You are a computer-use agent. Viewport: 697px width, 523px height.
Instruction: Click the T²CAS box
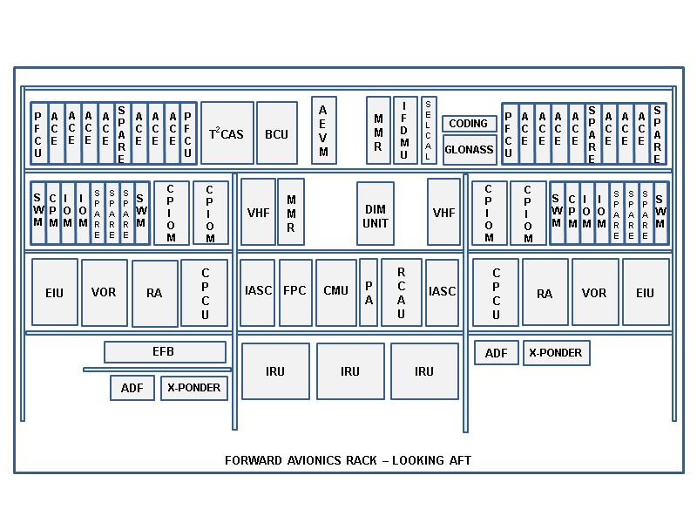point(227,133)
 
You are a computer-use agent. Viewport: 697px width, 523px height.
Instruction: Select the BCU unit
point(276,133)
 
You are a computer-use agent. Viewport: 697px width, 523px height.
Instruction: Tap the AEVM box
point(323,131)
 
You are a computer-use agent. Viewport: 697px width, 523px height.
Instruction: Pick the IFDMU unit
point(404,131)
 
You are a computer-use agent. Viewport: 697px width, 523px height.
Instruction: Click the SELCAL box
point(429,130)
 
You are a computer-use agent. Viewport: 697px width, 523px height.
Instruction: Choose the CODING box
point(469,124)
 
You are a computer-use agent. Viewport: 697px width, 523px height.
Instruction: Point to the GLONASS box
point(469,149)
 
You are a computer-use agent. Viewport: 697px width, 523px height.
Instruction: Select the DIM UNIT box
point(376,215)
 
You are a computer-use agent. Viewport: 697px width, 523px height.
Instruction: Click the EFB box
point(164,351)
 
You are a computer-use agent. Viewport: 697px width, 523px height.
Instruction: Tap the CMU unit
point(335,291)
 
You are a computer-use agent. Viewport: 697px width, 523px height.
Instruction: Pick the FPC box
point(295,291)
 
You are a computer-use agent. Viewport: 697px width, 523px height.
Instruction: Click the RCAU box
point(402,291)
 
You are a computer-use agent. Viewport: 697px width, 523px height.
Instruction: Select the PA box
point(369,291)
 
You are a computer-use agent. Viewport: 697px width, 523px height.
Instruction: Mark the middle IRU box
point(349,371)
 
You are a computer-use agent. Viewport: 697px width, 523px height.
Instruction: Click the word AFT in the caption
point(461,460)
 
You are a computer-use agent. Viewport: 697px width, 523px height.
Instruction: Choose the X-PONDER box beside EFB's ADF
point(193,388)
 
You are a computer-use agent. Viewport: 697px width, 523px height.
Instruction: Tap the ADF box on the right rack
point(496,353)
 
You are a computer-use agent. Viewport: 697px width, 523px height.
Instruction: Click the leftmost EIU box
point(54,293)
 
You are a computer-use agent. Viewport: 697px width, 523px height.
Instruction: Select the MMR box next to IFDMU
point(378,131)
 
